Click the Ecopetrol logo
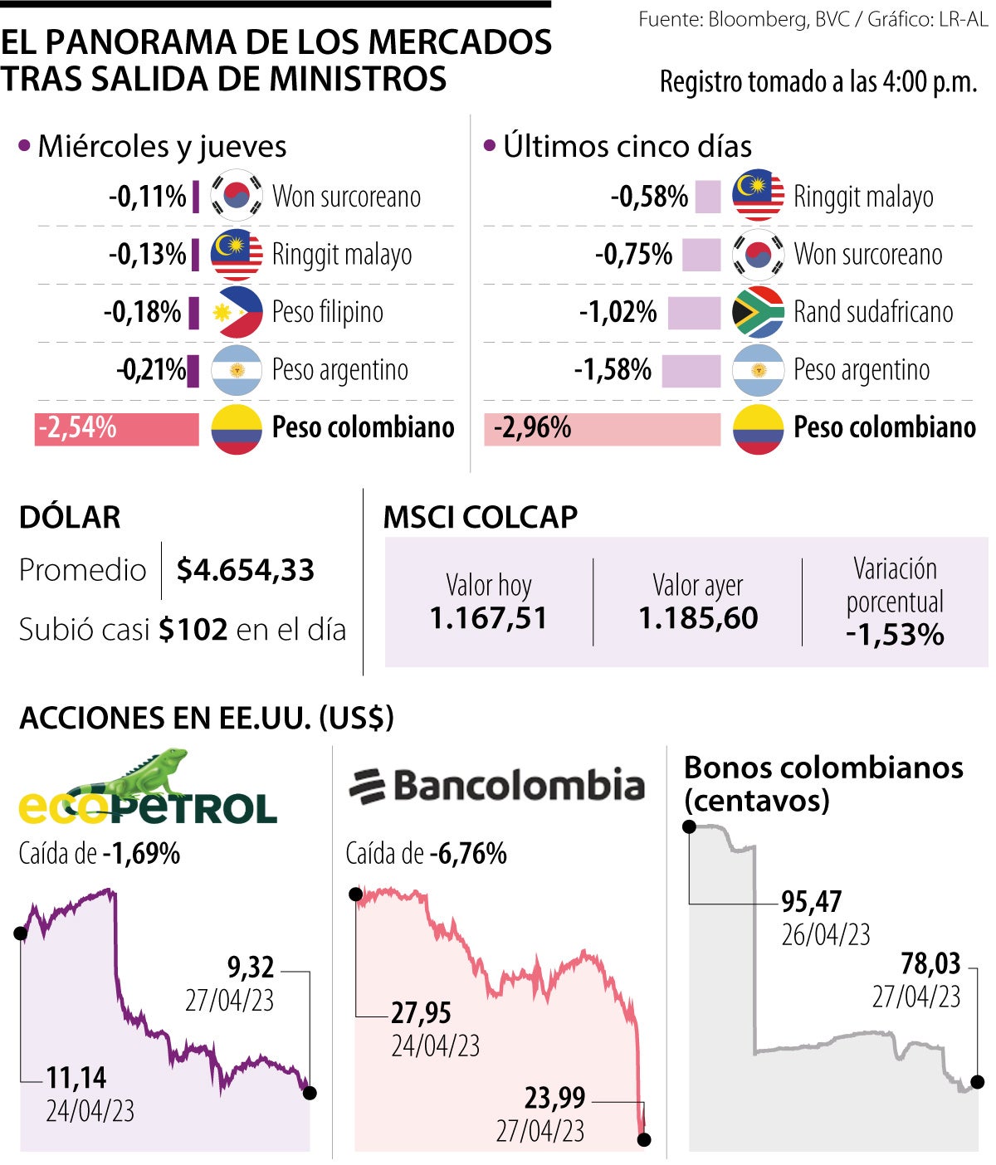click(x=147, y=789)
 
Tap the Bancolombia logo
click(x=496, y=785)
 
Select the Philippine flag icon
click(x=237, y=312)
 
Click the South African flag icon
click(x=758, y=312)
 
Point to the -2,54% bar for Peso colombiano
click(x=117, y=428)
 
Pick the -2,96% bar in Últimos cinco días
click(x=602, y=428)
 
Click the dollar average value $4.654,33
click(x=246, y=570)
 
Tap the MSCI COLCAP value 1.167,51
click(x=488, y=618)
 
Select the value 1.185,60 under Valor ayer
click(x=698, y=618)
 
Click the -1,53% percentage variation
click(x=895, y=635)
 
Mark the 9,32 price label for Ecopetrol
click(x=251, y=967)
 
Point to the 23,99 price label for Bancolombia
click(x=554, y=1098)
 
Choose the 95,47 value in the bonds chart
click(x=812, y=901)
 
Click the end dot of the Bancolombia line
click(x=644, y=1140)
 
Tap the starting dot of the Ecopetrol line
click(x=21, y=933)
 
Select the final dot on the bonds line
click(x=978, y=1082)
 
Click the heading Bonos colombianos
click(x=823, y=768)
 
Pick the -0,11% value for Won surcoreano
click(x=148, y=197)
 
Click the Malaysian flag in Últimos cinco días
click(x=758, y=196)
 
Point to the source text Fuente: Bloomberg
click(x=722, y=19)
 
